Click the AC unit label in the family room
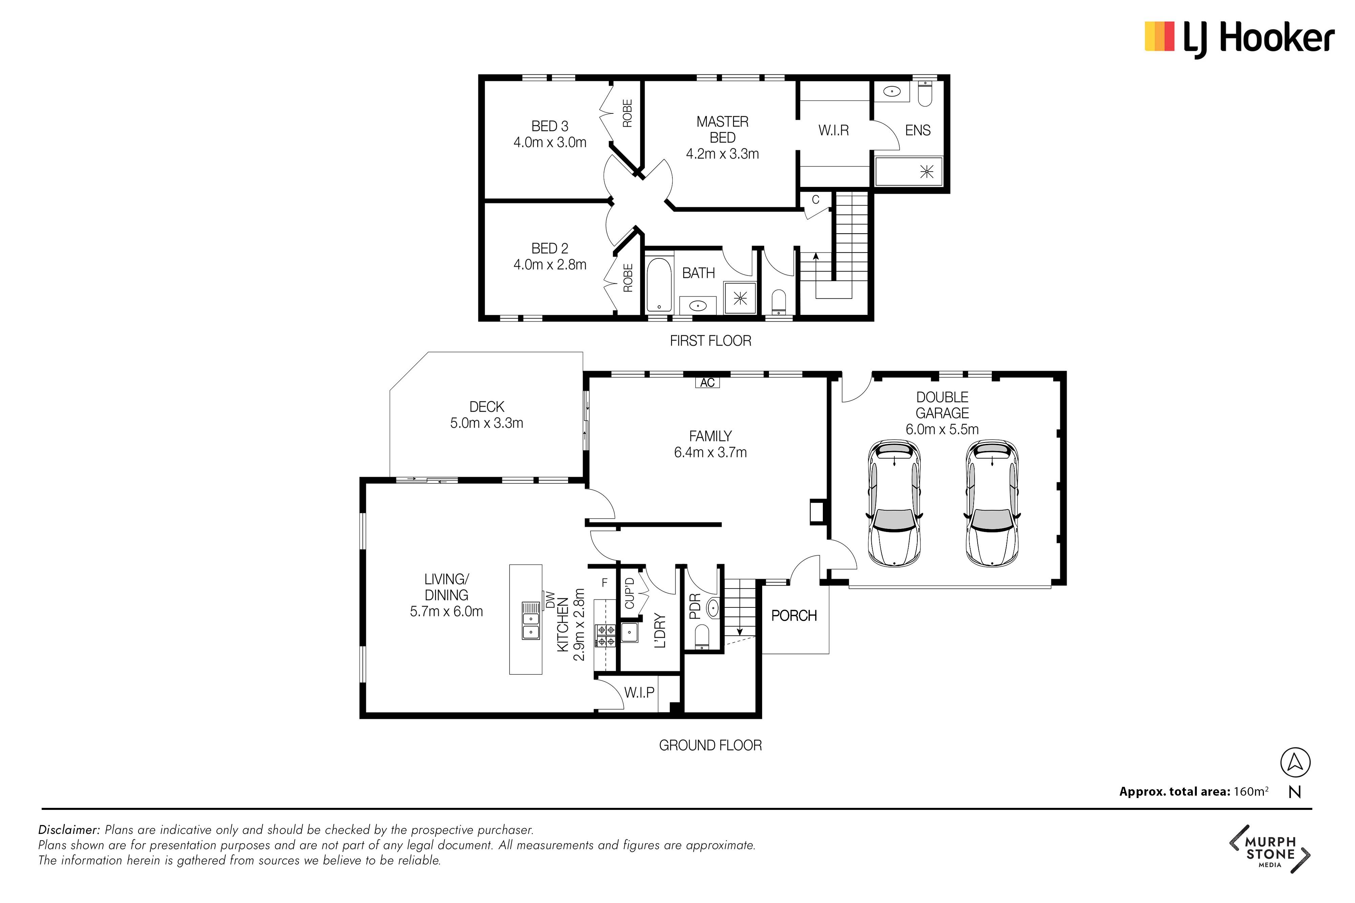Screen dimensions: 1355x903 tap(707, 382)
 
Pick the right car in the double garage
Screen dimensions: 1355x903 tap(992, 503)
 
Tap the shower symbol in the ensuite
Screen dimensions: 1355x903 tap(926, 171)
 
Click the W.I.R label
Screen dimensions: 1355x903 tap(834, 131)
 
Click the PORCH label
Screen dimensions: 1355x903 tap(794, 616)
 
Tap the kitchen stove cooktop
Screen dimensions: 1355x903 tap(605, 636)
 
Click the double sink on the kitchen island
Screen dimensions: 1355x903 tap(530, 621)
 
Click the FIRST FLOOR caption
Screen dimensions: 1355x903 tap(710, 341)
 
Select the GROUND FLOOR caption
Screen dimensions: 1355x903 tap(710, 745)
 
